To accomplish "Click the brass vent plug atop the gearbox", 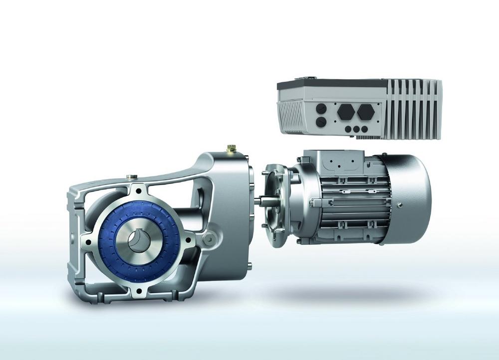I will [231, 149].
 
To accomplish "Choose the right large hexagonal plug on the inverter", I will [365, 111].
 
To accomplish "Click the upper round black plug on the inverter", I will [321, 107].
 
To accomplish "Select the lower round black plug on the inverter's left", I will [321, 121].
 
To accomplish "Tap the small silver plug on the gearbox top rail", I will [131, 177].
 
